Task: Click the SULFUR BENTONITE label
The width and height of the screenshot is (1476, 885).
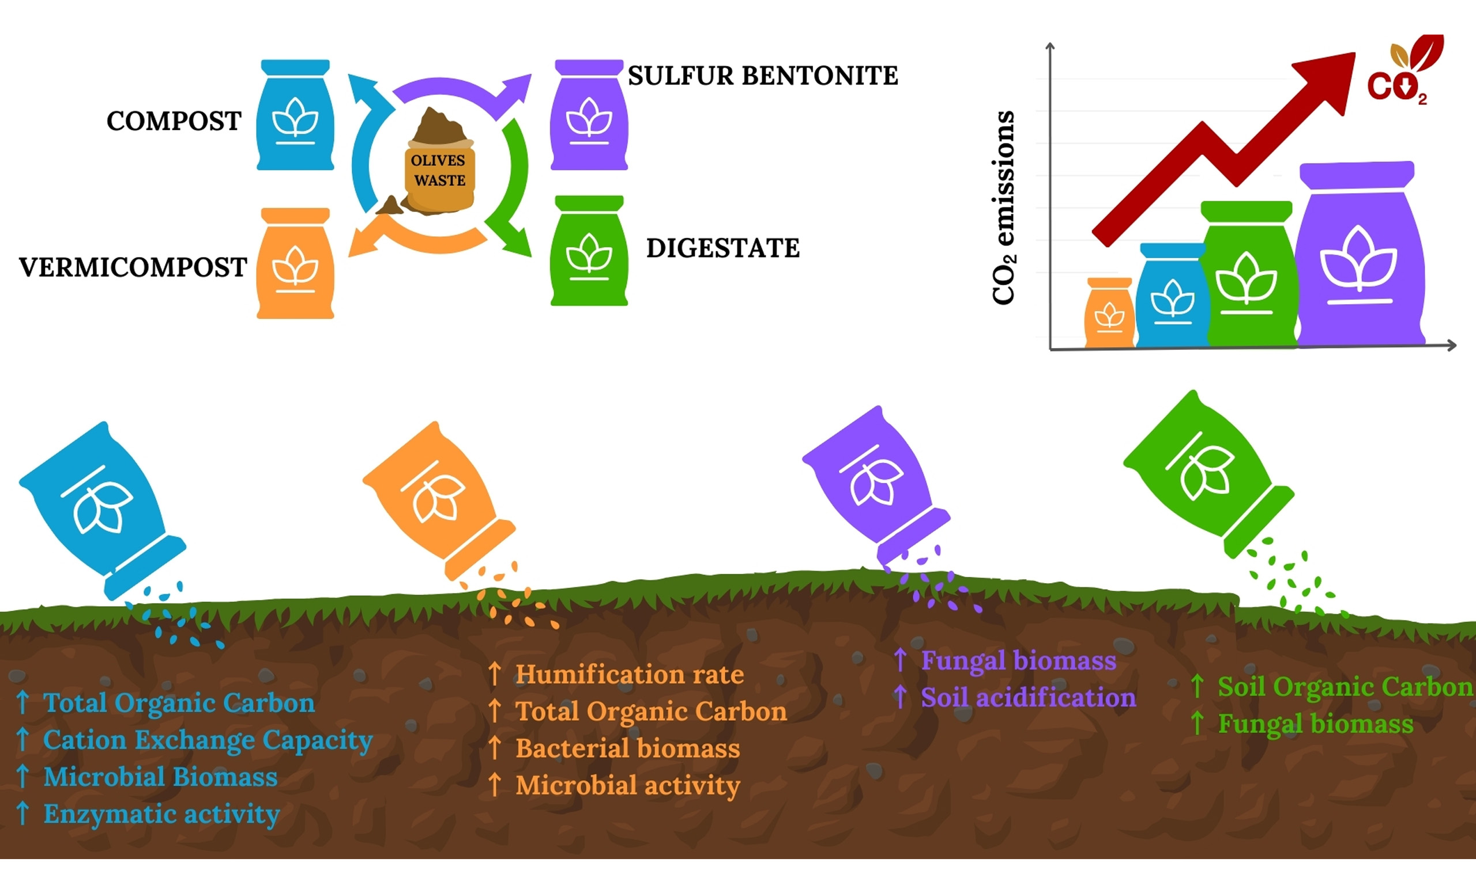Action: [762, 75]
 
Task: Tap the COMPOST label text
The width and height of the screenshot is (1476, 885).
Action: [174, 121]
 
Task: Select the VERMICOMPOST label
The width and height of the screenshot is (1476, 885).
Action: [133, 267]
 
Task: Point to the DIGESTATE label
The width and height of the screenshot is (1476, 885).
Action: [722, 248]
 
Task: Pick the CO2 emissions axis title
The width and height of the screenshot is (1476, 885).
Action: [1003, 207]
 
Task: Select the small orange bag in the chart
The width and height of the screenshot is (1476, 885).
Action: [1109, 313]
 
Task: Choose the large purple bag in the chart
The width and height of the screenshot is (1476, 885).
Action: [1360, 256]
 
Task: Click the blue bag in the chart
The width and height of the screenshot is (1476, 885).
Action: [1172, 296]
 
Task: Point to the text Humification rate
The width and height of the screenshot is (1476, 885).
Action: [630, 675]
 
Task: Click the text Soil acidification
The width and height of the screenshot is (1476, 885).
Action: [1028, 698]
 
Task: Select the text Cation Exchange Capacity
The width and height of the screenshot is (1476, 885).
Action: [208, 740]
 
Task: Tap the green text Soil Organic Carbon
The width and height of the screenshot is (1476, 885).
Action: [1345, 687]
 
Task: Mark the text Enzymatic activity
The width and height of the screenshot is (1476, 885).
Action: [161, 814]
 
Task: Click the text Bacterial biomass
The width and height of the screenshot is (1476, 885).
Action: [628, 748]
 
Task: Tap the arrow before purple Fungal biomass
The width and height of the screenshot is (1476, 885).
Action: [900, 660]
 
